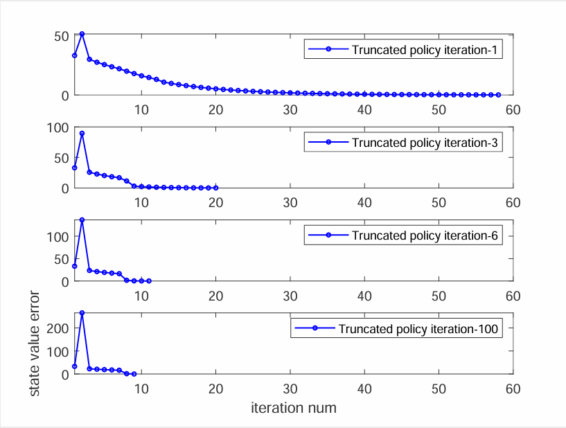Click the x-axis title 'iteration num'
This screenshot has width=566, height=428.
tap(294, 408)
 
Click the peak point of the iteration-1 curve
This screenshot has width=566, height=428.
tap(82, 34)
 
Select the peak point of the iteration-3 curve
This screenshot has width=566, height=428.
tap(82, 133)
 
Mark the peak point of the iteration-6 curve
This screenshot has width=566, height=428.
tap(82, 220)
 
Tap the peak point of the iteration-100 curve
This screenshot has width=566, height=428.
tap(82, 313)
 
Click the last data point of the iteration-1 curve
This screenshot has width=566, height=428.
tap(498, 94)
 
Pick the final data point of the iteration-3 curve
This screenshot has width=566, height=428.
tap(216, 188)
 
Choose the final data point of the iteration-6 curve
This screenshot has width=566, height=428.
tap(149, 280)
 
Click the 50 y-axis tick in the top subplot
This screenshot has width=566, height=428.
tap(60, 35)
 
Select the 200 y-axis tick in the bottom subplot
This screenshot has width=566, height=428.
tap(56, 328)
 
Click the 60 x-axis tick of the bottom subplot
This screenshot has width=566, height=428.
tap(513, 389)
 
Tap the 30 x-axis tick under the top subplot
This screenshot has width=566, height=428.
tap(290, 109)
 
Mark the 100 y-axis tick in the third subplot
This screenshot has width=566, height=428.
tap(56, 236)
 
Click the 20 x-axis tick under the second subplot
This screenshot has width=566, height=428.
tap(216, 203)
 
